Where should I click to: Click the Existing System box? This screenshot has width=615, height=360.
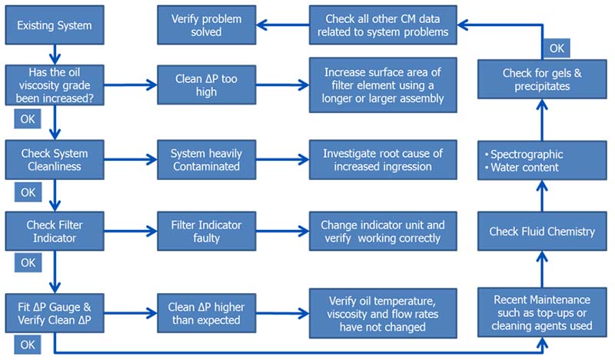[x=55, y=25]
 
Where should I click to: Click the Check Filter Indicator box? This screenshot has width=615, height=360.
[x=55, y=230]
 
